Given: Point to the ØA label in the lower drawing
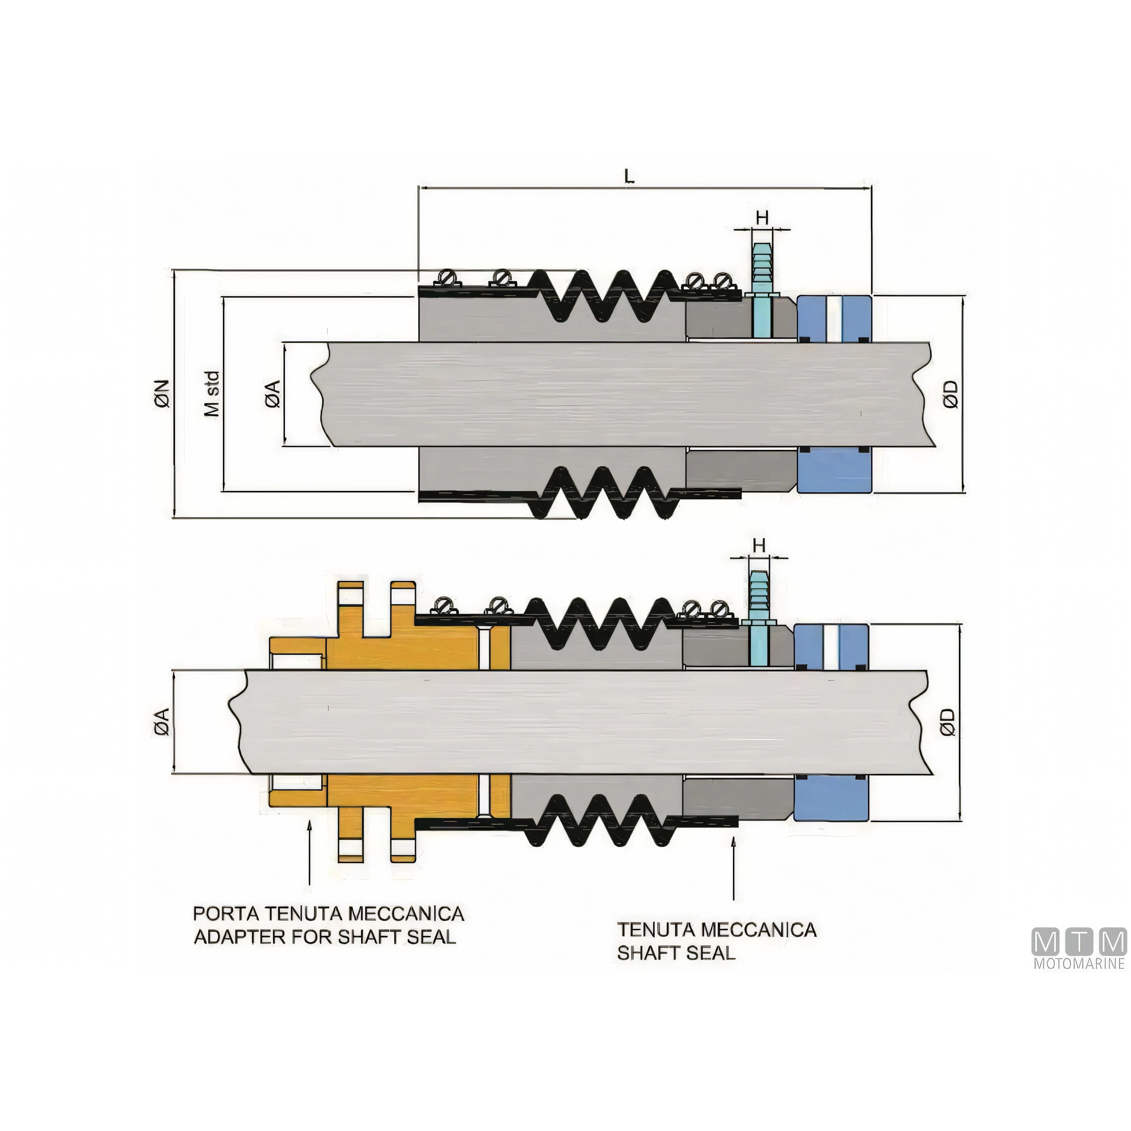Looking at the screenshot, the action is (x=162, y=722).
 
